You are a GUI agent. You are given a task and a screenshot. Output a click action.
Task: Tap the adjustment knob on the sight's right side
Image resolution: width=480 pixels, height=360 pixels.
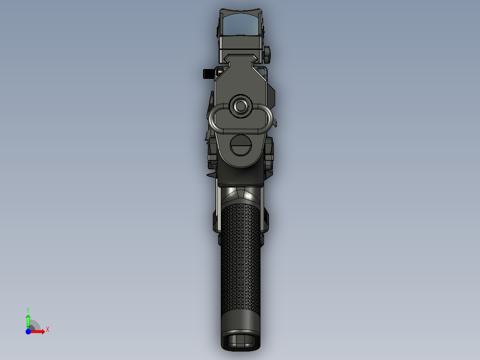[267, 54]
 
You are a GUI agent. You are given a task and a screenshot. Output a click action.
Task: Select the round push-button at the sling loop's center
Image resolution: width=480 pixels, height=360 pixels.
[240, 106]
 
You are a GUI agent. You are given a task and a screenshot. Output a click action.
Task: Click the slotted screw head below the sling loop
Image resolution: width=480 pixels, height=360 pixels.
[240, 146]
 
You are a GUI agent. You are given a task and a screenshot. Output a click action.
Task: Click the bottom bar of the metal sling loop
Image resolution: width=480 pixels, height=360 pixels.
[240, 131]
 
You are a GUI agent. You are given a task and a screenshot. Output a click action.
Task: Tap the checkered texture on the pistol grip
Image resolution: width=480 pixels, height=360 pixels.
[240, 258]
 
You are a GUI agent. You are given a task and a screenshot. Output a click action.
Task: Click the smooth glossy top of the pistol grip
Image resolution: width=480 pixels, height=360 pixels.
[240, 195]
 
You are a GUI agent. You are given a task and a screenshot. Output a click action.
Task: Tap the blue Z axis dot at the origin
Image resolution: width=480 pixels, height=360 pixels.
[28, 331]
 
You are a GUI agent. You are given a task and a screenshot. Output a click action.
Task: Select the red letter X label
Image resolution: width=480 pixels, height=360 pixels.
[48, 330]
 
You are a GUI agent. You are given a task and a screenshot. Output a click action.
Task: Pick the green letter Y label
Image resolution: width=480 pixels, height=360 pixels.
[28, 309]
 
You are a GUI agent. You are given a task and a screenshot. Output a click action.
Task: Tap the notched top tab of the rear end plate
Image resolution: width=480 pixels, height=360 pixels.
[240, 57]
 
